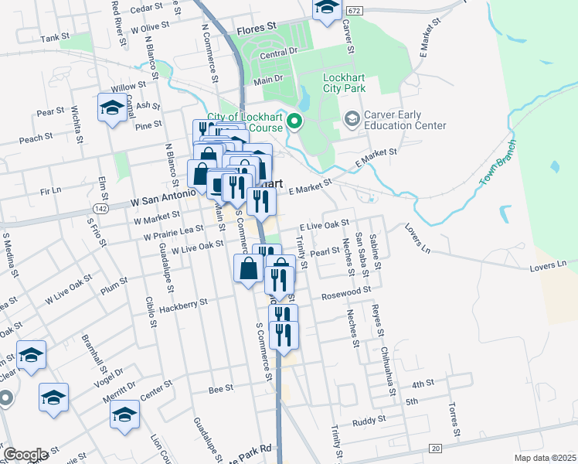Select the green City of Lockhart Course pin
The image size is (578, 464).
pos(294,121)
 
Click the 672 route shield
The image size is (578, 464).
pos(353,10)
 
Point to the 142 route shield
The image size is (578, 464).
pos(100,208)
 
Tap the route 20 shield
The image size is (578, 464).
pos(436,448)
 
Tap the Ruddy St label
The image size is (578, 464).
pos(369,422)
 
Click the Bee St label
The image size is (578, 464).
pos(221,390)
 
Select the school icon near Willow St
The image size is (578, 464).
pos(112,107)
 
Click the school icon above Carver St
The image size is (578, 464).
pos(327,8)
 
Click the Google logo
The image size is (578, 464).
pos(25,455)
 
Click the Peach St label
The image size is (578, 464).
pos(36,136)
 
